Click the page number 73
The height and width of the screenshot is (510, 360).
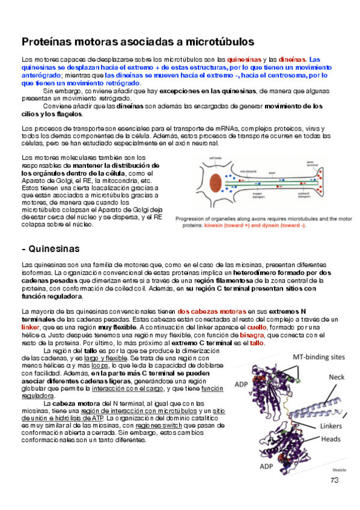pos(335,479)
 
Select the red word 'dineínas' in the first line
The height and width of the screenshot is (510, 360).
pos(292,60)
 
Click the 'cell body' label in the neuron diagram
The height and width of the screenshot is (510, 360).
pos(215,158)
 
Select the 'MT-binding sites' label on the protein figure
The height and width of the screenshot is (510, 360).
pos(319,357)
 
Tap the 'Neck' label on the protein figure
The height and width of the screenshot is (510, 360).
pos(336,377)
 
